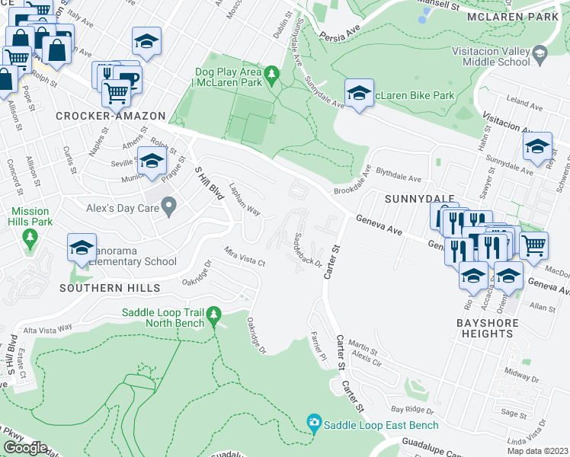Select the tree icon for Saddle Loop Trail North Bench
(x=214, y=314)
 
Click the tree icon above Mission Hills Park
(x=30, y=238)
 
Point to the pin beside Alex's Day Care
(x=169, y=205)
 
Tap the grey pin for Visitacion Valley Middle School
(x=540, y=54)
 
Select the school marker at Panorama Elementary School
(x=82, y=247)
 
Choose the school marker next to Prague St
(x=152, y=161)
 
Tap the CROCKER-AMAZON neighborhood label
(x=110, y=116)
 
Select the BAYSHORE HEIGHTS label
(x=487, y=329)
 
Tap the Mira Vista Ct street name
(x=244, y=256)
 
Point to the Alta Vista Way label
(x=47, y=327)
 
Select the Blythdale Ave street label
(x=393, y=179)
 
